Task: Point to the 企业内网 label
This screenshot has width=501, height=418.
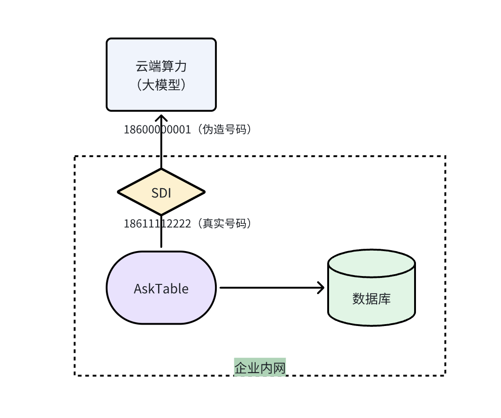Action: (x=260, y=368)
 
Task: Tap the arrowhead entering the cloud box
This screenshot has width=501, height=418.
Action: (x=161, y=117)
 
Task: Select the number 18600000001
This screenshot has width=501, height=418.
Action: (x=157, y=129)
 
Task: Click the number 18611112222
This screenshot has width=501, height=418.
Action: (x=157, y=224)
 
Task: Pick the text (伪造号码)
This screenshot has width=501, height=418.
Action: (x=224, y=129)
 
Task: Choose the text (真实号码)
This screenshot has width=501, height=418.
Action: (x=224, y=224)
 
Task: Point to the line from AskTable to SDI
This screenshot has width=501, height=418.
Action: (x=161, y=238)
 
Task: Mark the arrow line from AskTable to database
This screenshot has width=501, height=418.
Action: (x=268, y=288)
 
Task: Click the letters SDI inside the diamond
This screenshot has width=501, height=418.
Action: (x=161, y=193)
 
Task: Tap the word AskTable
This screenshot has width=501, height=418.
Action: (x=161, y=289)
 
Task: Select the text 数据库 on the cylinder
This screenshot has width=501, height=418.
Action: (x=372, y=299)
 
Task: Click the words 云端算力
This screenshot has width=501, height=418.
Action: (x=161, y=67)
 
